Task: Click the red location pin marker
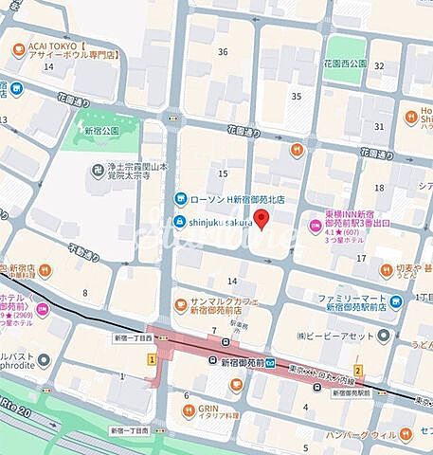264,220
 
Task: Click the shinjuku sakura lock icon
179,222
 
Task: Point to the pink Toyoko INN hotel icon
315,225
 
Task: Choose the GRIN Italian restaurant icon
189,411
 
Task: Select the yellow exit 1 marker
152,377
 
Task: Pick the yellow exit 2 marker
358,370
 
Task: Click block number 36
223,51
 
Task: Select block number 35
296,97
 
